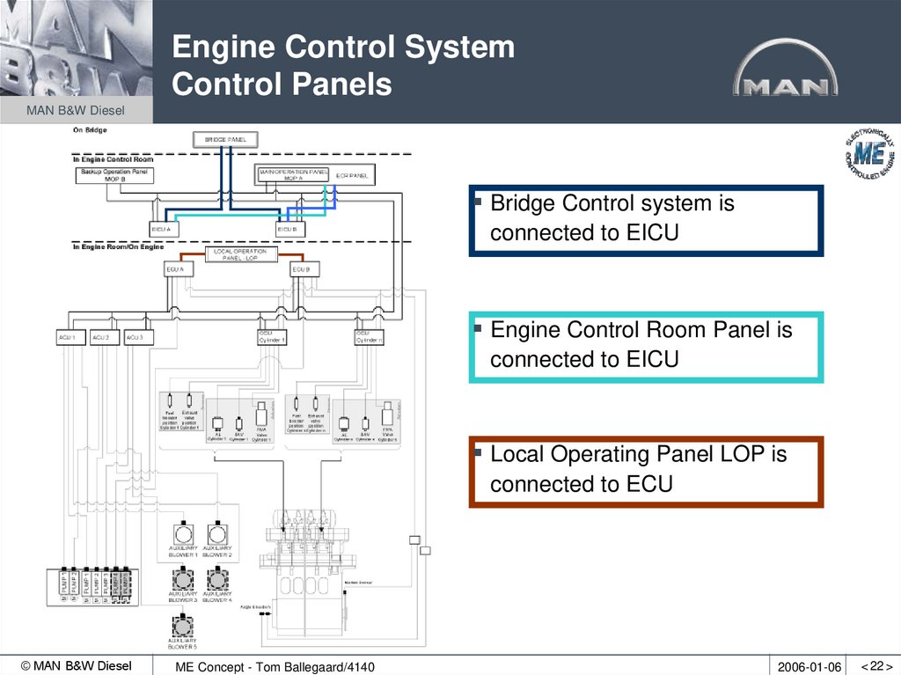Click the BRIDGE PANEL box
click(x=225, y=140)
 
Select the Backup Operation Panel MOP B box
click(x=115, y=174)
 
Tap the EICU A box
click(x=164, y=229)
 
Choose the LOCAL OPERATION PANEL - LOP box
click(x=240, y=254)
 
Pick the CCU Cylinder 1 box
click(x=272, y=337)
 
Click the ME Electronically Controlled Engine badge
click(x=868, y=152)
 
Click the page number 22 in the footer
click(x=876, y=666)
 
